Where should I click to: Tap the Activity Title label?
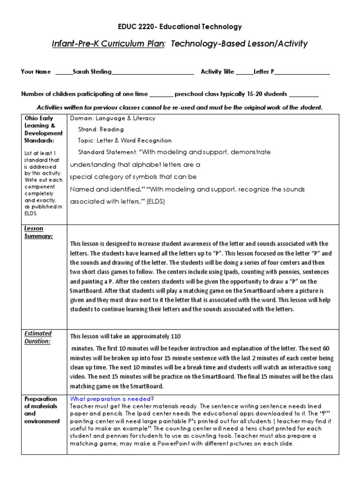point(217,72)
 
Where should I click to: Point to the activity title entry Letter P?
point(264,72)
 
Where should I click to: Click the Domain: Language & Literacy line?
point(112,119)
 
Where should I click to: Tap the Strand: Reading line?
point(101,129)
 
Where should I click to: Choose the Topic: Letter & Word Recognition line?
point(125,141)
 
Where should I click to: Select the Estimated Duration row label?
point(38,337)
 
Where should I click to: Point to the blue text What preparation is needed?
point(111,399)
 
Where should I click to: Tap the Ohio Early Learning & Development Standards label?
point(43,129)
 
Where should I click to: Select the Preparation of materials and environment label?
point(42,410)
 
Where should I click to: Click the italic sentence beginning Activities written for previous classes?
point(180,107)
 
